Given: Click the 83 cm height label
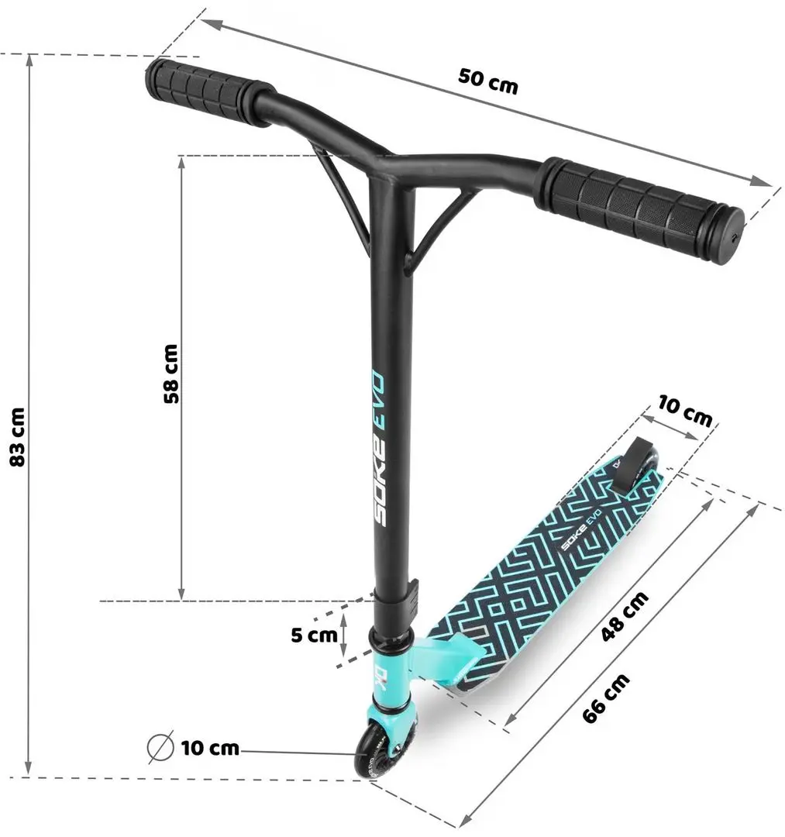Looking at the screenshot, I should click(17, 436).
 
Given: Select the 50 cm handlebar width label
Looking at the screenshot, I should click(487, 81).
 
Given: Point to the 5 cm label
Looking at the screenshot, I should click(314, 635).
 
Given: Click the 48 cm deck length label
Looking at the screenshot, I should click(625, 616).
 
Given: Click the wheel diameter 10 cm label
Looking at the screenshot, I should click(210, 748).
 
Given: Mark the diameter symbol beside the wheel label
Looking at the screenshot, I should click(160, 748).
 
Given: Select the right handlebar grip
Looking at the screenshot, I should click(639, 208).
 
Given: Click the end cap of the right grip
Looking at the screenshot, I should click(732, 237).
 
